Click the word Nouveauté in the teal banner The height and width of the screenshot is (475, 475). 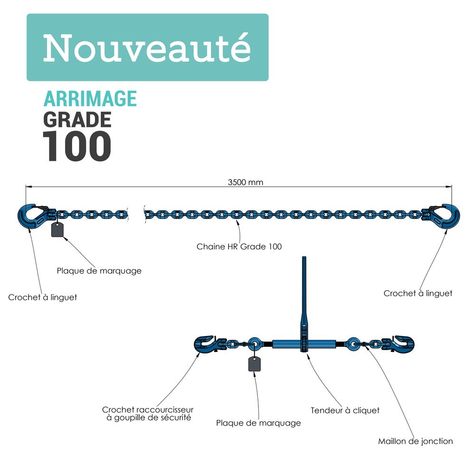pos(147,47)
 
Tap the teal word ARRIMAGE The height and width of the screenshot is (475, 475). pos(90,98)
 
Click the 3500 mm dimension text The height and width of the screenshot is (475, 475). pos(246,182)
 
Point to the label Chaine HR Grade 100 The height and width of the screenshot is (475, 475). pos(239,247)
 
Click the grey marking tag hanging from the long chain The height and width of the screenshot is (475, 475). pos(58,229)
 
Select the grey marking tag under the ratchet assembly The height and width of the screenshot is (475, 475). pos(255,364)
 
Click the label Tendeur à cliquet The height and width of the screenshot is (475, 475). pos(345,410)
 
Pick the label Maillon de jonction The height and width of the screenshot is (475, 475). pos(415,441)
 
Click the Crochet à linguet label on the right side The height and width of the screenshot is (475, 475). pos(418,294)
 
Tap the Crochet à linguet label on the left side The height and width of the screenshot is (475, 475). pos(43,297)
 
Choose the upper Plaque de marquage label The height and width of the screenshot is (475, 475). pos(99,271)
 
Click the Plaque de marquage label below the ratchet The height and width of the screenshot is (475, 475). pos(258,423)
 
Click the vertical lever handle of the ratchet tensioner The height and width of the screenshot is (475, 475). pos(304,294)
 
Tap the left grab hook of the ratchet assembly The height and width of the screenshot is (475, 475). pos(206,344)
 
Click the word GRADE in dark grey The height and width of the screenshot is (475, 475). pos(77,119)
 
